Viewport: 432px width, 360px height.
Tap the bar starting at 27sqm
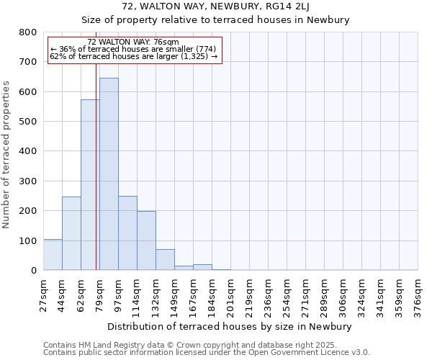click(53, 255)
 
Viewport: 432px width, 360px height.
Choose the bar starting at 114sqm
click(146, 240)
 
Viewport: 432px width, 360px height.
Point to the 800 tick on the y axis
click(28, 32)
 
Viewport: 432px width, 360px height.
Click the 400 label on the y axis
click(28, 151)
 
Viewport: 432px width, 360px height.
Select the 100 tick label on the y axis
click(28, 240)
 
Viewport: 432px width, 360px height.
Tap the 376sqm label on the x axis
click(418, 294)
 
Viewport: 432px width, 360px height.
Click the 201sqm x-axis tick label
click(231, 294)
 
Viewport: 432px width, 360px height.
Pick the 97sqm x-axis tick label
click(119, 293)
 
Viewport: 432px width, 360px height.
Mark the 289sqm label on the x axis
click(325, 294)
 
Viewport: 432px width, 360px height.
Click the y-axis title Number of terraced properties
click(7, 155)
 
